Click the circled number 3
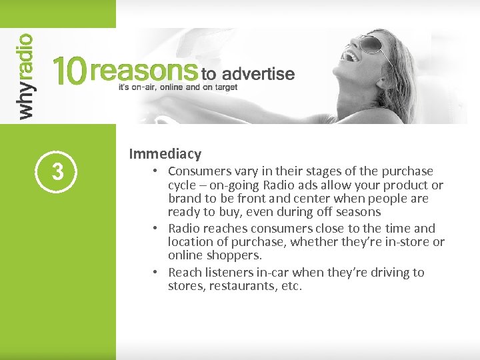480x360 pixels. (58, 171)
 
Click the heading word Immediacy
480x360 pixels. (165, 154)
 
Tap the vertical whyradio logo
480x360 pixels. (25, 77)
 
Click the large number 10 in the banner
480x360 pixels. (69, 71)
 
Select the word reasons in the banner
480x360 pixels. (142, 71)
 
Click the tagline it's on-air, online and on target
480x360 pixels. (177, 87)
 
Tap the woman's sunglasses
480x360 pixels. (370, 45)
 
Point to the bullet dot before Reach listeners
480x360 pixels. (154, 273)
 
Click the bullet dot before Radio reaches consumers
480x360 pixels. (154, 228)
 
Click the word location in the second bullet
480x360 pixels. (192, 242)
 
